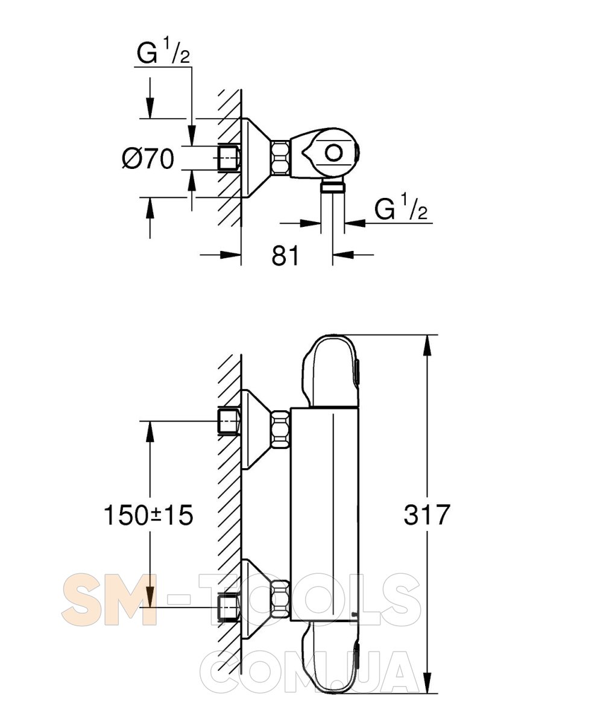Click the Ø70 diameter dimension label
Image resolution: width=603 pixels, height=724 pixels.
tap(148, 159)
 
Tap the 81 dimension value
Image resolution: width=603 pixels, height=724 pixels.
tap(285, 256)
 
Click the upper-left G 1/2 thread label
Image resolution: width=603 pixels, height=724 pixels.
tap(163, 51)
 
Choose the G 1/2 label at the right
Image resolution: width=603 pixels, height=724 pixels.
tap(401, 207)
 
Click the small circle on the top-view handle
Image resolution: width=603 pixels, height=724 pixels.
tap(333, 153)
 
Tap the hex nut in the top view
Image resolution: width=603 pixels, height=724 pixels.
tap(280, 157)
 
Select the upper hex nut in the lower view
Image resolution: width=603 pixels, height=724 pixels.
tap(280, 428)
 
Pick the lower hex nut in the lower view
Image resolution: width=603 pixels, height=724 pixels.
tap(280, 600)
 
